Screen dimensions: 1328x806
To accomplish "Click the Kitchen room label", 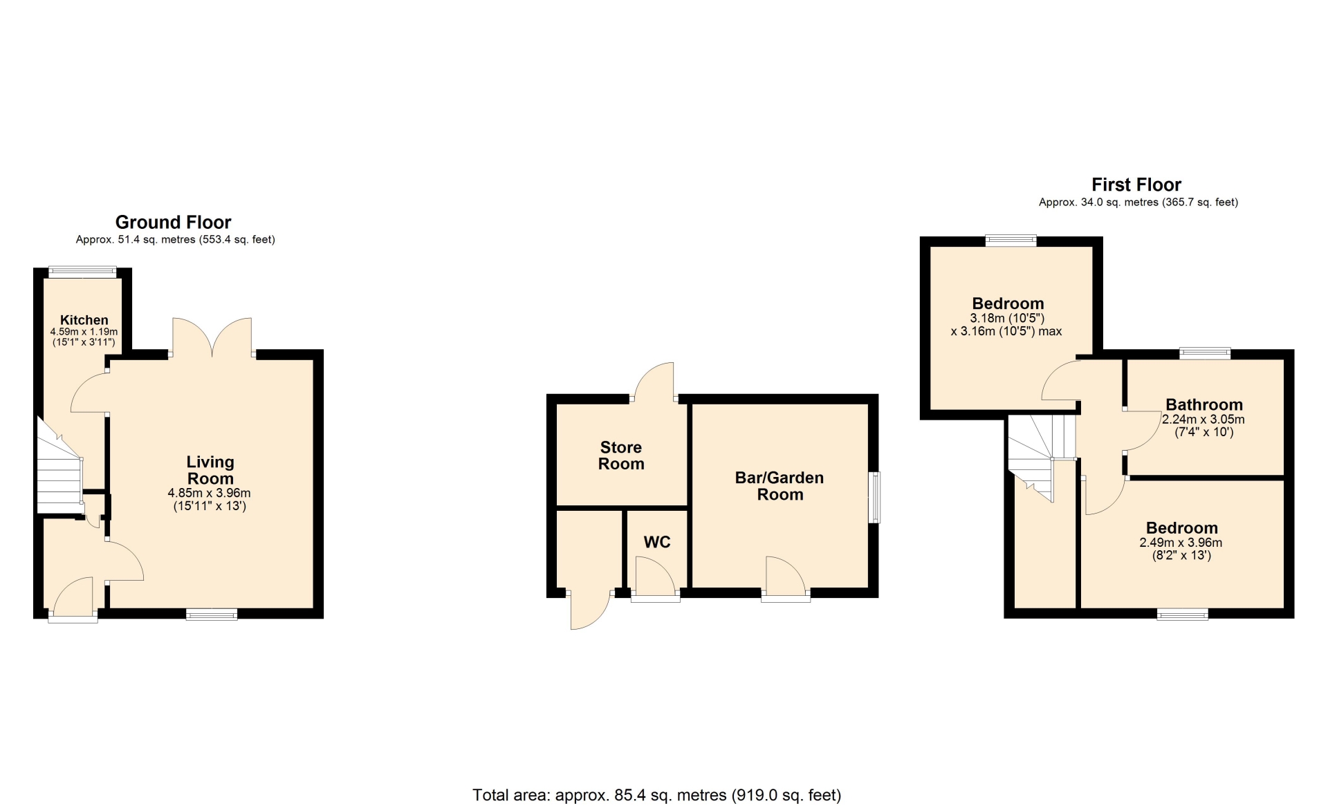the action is click(x=84, y=320).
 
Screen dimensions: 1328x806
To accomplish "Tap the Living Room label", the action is click(x=210, y=470).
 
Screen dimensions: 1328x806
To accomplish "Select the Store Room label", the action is click(x=621, y=456).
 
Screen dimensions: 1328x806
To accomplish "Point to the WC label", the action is click(x=657, y=542).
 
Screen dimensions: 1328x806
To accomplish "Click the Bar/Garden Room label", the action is click(x=780, y=486).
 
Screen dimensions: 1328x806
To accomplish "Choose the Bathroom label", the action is click(x=1204, y=404).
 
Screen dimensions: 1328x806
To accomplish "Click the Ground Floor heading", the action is click(x=173, y=222).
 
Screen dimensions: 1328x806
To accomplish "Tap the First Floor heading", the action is click(x=1136, y=185).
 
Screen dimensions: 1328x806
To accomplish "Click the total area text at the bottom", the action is click(x=657, y=795).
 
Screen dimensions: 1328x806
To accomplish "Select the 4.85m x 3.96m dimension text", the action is click(x=209, y=493).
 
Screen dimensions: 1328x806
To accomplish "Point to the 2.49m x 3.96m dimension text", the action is click(x=1181, y=543).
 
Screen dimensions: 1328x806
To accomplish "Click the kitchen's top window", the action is click(x=82, y=272).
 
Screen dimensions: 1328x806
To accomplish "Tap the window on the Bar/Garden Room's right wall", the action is click(x=874, y=498).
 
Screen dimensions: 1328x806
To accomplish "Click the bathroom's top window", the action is click(x=1206, y=354).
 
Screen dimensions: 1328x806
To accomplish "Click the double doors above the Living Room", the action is click(x=212, y=337).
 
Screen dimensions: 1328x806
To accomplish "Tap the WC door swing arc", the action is click(x=655, y=575).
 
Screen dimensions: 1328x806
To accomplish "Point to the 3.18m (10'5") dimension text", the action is click(x=1007, y=318).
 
